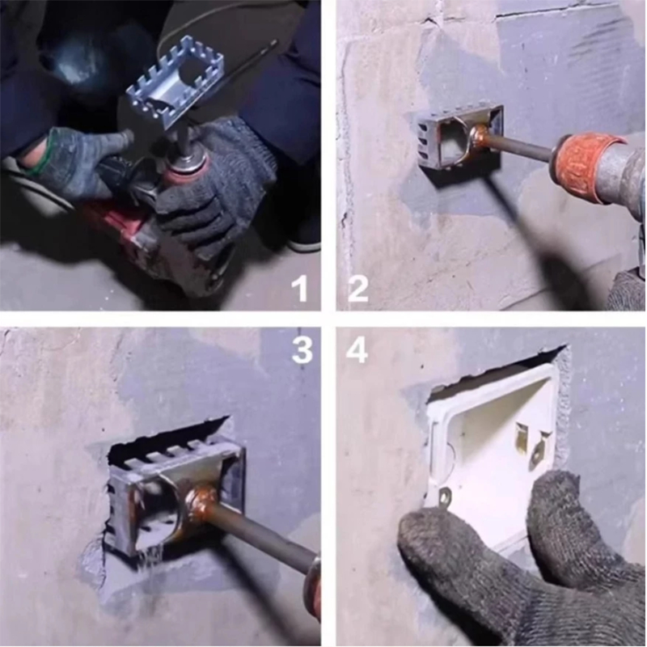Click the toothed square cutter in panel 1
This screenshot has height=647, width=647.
point(176,82)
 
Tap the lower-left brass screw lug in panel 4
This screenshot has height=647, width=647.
point(444,495)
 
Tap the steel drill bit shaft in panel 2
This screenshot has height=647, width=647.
point(521,150)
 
